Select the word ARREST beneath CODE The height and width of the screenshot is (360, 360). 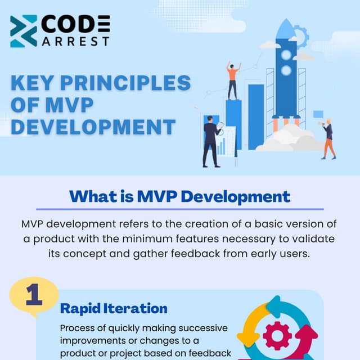click(x=75, y=41)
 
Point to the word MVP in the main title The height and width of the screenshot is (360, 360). click(x=69, y=105)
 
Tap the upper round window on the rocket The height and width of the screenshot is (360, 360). click(x=286, y=55)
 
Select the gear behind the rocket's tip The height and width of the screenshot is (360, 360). click(x=300, y=37)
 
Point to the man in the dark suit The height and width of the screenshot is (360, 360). click(x=211, y=141)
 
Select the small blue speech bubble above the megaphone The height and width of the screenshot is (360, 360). click(x=318, y=114)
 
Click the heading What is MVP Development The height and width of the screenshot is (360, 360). click(x=179, y=196)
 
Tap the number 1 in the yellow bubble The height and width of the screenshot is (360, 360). click(x=34, y=297)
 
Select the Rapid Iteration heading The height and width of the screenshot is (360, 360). click(x=114, y=308)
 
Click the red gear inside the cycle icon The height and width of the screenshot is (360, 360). click(x=277, y=336)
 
